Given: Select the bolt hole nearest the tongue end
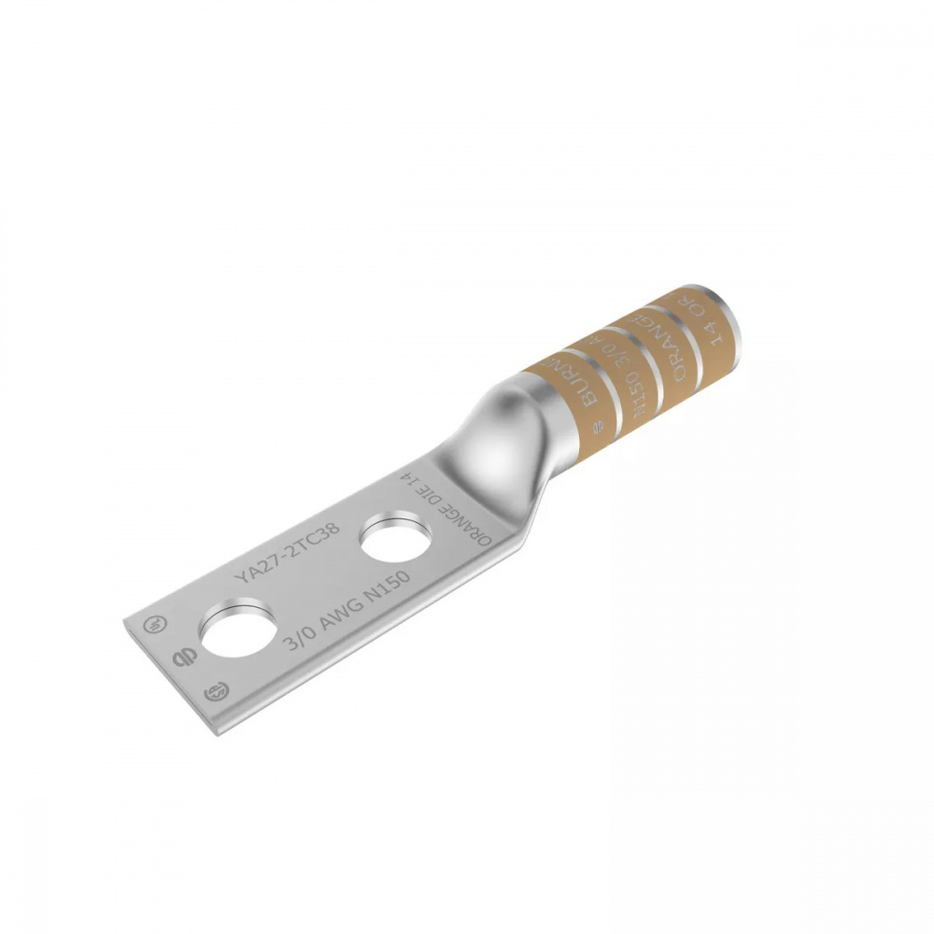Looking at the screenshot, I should pos(237,631).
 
